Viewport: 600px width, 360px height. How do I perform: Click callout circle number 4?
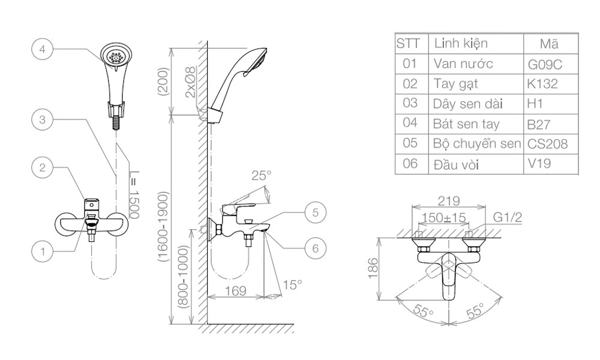[42, 49]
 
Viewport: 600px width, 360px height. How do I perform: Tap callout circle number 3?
[42, 119]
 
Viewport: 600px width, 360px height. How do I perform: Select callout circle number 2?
[42, 167]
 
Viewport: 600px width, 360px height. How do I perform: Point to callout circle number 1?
[42, 252]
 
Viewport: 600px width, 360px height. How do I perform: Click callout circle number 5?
[315, 211]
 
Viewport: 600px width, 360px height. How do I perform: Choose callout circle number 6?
[315, 247]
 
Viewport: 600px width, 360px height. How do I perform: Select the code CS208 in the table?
[547, 145]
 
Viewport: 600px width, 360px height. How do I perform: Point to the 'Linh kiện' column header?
[460, 44]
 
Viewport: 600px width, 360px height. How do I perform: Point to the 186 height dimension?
[373, 269]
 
